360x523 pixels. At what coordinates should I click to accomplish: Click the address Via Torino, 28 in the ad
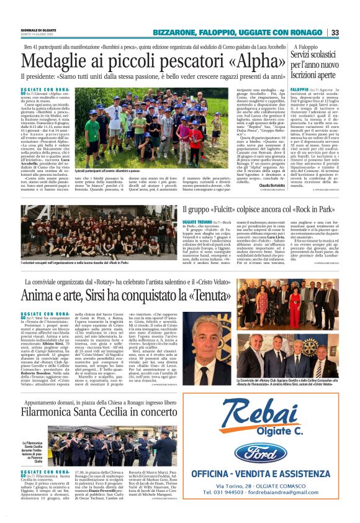245,486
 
